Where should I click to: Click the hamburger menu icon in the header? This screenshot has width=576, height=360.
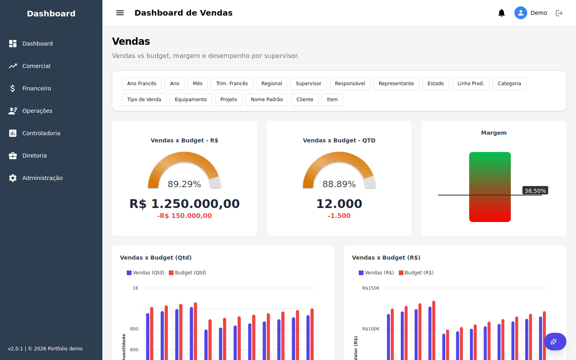pos(120,13)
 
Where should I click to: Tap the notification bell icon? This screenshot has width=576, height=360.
pos(502,13)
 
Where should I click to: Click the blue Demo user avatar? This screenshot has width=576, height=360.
pos(520,13)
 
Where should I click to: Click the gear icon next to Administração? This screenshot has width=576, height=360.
pos(13,178)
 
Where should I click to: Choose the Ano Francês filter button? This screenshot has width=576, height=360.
pos(142,84)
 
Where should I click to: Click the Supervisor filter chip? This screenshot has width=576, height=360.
pos(308,84)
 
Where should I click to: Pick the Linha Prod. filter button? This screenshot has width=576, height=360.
pos(470,84)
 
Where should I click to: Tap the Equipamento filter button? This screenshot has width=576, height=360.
pos(190,100)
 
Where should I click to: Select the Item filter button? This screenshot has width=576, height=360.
pos(332,100)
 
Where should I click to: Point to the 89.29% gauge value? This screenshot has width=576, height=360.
pos(184,184)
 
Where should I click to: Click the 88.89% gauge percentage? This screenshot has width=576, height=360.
pos(339,184)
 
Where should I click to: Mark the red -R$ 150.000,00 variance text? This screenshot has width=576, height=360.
pos(184,216)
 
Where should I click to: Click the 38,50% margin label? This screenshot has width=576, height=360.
pos(535,190)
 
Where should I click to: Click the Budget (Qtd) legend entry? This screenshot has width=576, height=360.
pos(188,272)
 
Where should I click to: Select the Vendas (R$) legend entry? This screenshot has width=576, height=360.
pos(376,272)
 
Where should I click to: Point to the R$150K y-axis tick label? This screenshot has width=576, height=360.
pos(371,288)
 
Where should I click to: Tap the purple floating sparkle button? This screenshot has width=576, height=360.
pos(555,342)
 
